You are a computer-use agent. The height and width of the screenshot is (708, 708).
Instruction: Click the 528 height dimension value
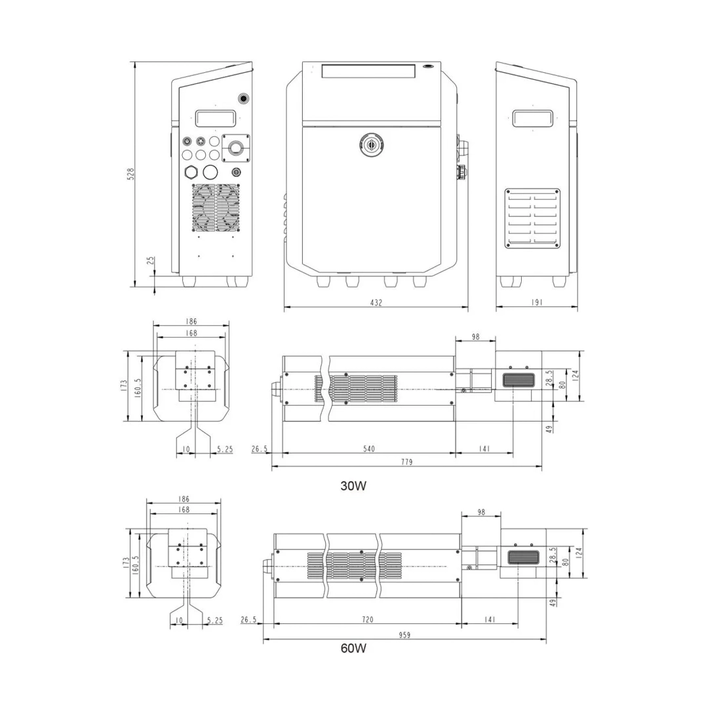pyautogui.click(x=130, y=174)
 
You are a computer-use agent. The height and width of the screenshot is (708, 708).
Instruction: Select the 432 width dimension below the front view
pyautogui.click(x=376, y=302)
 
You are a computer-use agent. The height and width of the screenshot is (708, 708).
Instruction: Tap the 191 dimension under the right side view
pyautogui.click(x=536, y=302)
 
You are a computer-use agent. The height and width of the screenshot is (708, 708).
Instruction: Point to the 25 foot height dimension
pyautogui.click(x=151, y=261)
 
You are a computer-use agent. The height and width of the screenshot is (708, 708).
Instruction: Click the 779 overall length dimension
pyautogui.click(x=406, y=462)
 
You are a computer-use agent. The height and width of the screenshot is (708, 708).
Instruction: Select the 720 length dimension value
pyautogui.click(x=367, y=619)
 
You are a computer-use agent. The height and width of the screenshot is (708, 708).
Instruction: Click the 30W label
pyautogui.click(x=353, y=486)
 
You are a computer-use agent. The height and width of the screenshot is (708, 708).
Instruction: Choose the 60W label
pyautogui.click(x=353, y=649)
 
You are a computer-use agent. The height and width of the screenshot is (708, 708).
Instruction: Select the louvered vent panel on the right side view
pyautogui.click(x=532, y=219)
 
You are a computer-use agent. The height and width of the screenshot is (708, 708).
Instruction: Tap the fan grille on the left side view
pyautogui.click(x=216, y=207)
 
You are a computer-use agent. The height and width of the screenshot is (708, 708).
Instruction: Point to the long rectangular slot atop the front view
pyautogui.click(x=368, y=71)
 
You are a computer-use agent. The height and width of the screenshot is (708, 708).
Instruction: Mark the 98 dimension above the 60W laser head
pyautogui.click(x=481, y=513)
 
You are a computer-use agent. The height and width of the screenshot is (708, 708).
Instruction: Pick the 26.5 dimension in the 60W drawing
pyautogui.click(x=249, y=619)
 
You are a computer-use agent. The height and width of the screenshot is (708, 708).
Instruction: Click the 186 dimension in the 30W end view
pyautogui.click(x=191, y=322)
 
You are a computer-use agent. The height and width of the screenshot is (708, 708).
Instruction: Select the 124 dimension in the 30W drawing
pyautogui.click(x=576, y=376)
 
